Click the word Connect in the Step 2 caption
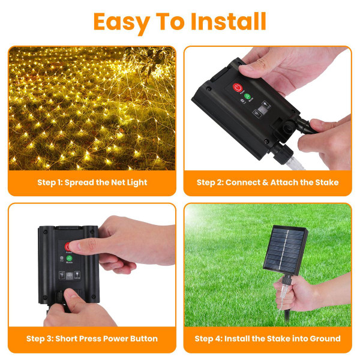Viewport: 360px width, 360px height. [x=243, y=182]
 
